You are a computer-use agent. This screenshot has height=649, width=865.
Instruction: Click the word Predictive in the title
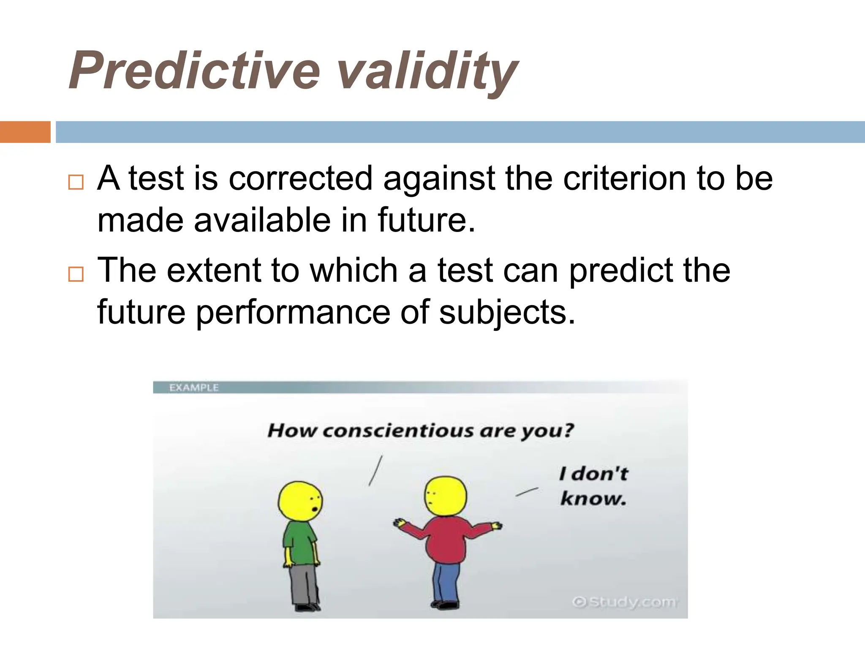pos(194,71)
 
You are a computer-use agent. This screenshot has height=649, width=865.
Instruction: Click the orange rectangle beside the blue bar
pos(25,132)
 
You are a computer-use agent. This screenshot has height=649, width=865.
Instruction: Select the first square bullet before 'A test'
pos(76,182)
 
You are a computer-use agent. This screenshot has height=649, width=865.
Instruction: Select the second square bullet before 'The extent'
pos(76,274)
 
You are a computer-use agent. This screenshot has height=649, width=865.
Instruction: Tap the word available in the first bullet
pos(262,220)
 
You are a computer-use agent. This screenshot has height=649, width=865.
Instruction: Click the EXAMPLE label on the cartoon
pos(194,387)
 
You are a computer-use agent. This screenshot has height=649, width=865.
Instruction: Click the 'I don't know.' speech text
pos(593,486)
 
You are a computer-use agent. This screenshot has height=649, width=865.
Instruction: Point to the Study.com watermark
pos(625,602)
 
